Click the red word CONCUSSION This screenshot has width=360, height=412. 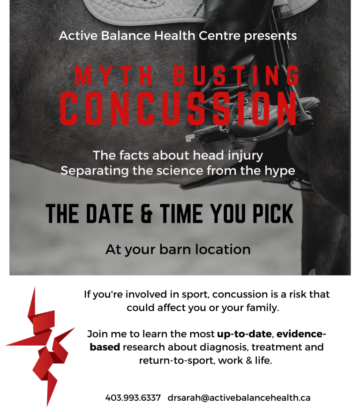click(179, 108)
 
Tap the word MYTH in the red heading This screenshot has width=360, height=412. click(113, 76)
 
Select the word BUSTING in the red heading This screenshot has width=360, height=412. click(236, 76)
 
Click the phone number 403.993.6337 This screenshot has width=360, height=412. click(133, 397)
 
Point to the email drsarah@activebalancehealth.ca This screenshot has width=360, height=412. click(239, 397)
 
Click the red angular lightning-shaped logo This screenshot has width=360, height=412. click(41, 346)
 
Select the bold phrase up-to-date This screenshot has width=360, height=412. click(244, 334)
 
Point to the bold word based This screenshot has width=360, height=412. click(105, 347)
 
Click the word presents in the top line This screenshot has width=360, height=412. click(270, 36)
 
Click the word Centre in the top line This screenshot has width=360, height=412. click(219, 36)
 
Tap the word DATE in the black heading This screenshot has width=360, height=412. click(110, 214)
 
